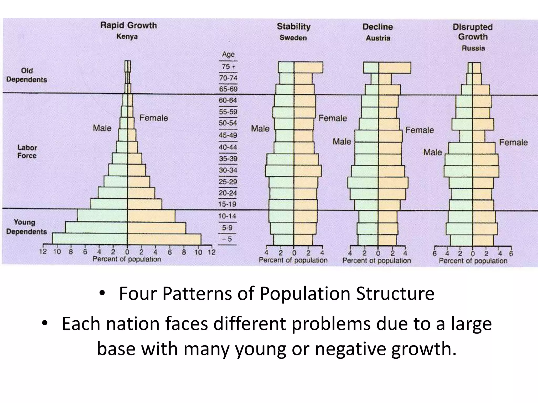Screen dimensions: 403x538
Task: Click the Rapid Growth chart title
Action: (128, 25)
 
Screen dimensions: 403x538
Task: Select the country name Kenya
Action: (127, 36)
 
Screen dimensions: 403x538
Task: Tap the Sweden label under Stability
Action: (293, 38)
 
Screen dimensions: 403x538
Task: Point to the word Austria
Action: (378, 38)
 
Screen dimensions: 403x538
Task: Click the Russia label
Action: (473, 48)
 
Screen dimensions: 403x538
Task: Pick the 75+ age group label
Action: (228, 67)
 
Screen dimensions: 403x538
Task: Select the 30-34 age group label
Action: (228, 170)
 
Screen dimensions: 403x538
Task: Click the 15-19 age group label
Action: (227, 204)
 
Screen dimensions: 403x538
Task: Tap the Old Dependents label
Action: (27, 75)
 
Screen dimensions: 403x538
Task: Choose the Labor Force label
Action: (27, 151)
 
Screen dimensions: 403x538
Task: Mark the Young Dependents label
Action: (26, 227)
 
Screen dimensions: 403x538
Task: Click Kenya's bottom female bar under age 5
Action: (164, 239)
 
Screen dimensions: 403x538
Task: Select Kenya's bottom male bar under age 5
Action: (90, 239)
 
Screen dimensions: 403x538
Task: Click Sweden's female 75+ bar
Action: (308, 67)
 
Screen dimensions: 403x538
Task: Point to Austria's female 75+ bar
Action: (395, 68)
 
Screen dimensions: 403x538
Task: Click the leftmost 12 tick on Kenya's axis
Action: (43, 252)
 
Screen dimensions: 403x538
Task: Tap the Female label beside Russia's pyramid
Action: (513, 142)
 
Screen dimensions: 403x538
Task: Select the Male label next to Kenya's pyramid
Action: (102, 128)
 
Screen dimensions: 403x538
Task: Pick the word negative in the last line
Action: (350, 348)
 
